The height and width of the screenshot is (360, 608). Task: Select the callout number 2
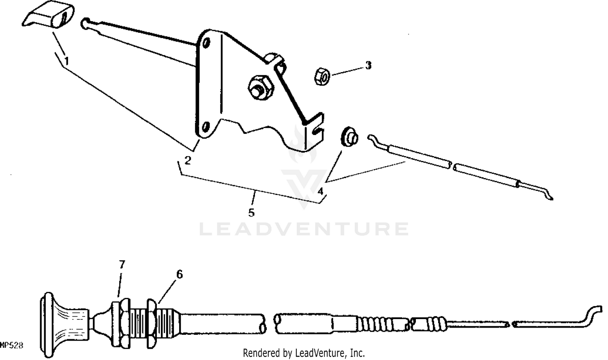pos(187,161)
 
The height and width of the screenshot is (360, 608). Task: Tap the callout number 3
pos(368,65)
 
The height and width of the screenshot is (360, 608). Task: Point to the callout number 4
pos(321,191)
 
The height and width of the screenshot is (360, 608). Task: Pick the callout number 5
pos(251,212)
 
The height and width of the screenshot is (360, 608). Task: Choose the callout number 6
pos(179,274)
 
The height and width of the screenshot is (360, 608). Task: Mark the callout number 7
pos(122,265)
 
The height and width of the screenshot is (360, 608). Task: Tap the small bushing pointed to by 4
pos(349,136)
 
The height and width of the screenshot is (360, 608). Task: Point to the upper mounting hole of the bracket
pos(206,43)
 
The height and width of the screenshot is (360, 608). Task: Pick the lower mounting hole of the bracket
pos(206,127)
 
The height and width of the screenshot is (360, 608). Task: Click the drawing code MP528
pos(11,346)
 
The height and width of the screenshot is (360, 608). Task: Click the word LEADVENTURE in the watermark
pos(304,229)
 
